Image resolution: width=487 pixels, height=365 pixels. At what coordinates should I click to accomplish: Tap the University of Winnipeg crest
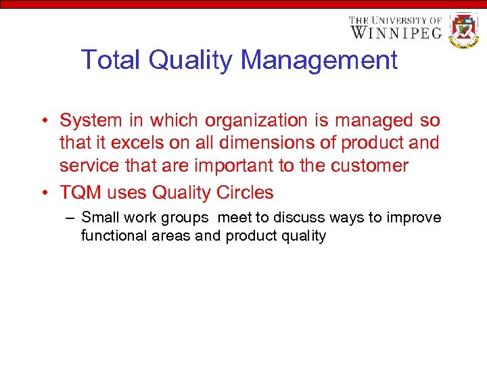tap(464, 29)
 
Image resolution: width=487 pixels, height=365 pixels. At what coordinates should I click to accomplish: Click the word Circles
tap(245, 193)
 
